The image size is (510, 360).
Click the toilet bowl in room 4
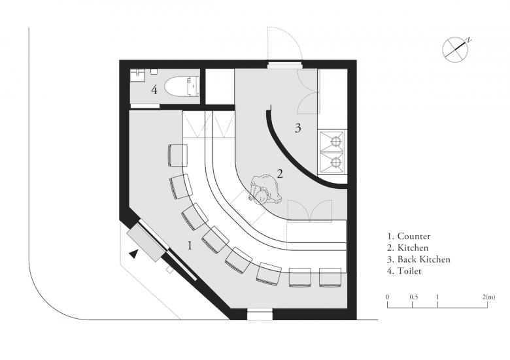click(182, 86)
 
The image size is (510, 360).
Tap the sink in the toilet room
click(137, 75)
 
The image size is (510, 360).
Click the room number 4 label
click(154, 90)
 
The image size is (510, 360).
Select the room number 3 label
click(297, 128)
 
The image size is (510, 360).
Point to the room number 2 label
click(280, 174)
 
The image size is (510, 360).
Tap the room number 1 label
click(190, 246)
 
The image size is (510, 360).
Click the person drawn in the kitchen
click(265, 191)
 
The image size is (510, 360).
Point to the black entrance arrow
click(133, 254)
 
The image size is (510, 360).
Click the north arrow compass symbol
click(455, 50)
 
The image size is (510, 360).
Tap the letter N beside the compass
click(469, 40)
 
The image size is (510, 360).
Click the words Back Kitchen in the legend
click(424, 259)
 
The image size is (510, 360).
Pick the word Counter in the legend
click(414, 237)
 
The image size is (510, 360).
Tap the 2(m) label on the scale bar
click(489, 297)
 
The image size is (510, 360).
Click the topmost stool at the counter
click(178, 155)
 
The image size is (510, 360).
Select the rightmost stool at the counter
click(330, 277)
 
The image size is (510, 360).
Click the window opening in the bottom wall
click(260, 314)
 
